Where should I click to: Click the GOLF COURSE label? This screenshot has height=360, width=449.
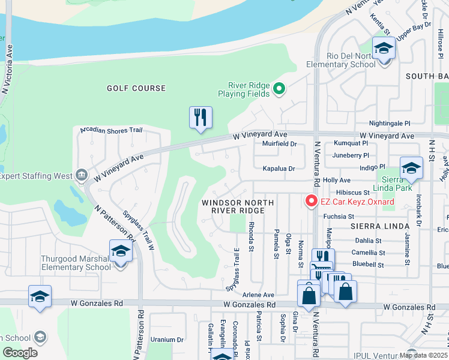click(x=136, y=88)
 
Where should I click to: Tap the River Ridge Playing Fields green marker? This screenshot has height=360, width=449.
click(x=279, y=89)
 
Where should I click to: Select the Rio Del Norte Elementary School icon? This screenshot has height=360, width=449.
click(x=383, y=48)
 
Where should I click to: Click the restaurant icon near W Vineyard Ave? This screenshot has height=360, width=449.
click(x=200, y=118)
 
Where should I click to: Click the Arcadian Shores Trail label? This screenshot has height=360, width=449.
click(x=107, y=130)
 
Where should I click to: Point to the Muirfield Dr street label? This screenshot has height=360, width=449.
click(x=280, y=144)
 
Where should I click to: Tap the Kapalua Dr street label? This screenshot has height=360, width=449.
click(x=279, y=169)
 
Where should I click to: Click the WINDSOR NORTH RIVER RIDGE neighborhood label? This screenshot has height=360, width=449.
click(x=233, y=206)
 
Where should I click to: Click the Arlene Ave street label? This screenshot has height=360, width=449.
click(x=258, y=295)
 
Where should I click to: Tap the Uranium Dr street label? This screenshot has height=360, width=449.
click(x=166, y=339)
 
